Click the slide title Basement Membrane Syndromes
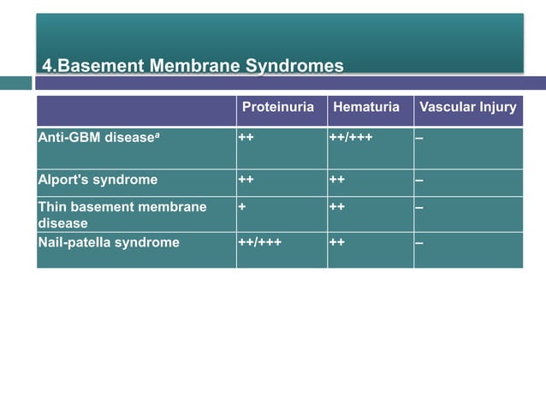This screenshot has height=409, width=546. (193, 66)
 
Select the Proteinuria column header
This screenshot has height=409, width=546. (278, 108)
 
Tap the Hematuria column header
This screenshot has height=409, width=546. (366, 108)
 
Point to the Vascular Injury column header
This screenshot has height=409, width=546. (467, 108)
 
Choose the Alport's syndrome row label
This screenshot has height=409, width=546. (98, 180)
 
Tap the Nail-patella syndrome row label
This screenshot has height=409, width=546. (109, 242)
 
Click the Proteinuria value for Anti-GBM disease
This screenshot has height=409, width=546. (246, 136)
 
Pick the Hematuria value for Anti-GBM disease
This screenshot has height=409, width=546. (350, 136)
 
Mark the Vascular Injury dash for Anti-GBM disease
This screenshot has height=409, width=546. (419, 136)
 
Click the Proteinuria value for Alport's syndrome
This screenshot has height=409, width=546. (246, 180)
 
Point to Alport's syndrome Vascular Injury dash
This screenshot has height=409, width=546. (419, 180)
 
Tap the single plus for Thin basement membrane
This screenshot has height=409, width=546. (242, 207)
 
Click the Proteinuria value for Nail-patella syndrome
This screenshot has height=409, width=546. (259, 242)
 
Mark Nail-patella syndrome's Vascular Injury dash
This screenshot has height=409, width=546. (419, 242)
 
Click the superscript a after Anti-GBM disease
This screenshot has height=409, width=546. (149, 133)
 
